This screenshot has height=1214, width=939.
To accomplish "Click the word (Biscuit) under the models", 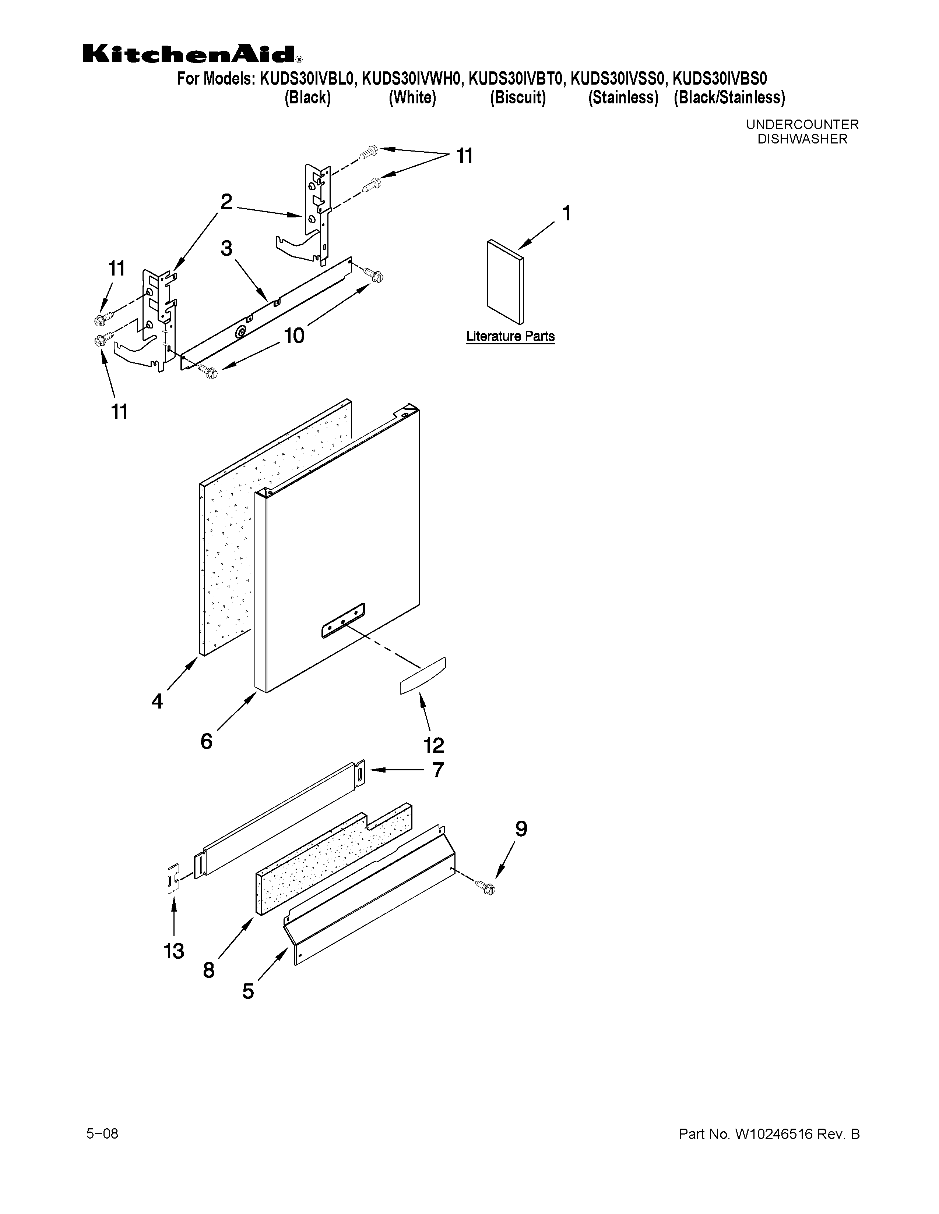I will click(517, 98).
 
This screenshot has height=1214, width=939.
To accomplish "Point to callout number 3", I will click(226, 248).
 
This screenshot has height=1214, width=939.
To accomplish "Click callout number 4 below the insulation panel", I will click(158, 702).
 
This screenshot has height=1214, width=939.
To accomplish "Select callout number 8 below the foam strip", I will click(208, 970).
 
